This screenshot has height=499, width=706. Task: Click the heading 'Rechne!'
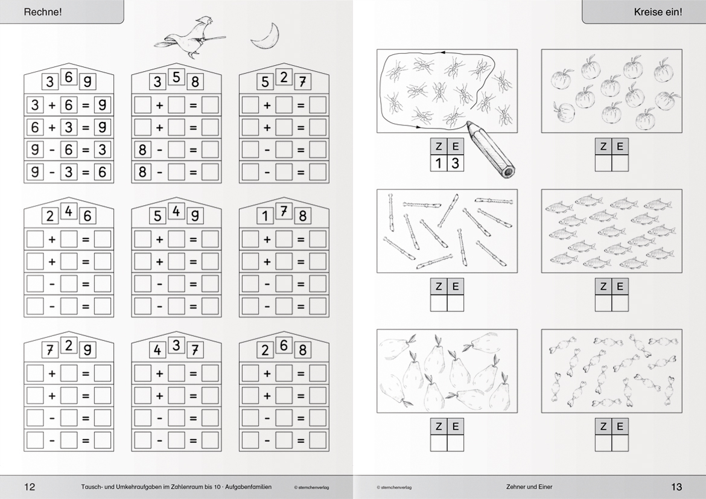(43, 12)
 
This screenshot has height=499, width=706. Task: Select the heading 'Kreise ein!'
(658, 12)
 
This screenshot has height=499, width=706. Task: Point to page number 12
(30, 486)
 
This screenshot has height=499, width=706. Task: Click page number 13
(676, 486)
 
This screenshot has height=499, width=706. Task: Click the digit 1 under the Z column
(439, 162)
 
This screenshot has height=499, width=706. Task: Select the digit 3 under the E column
(455, 162)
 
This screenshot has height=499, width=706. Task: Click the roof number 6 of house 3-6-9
(68, 77)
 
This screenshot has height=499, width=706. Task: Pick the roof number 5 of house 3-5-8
(176, 77)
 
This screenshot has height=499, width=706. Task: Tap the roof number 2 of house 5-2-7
(284, 77)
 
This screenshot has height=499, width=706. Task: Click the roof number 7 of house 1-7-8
(284, 211)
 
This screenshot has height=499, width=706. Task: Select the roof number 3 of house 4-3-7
(176, 345)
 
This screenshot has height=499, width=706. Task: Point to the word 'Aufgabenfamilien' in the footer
(249, 487)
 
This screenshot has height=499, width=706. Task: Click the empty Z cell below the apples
(603, 162)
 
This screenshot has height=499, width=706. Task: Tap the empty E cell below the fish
(620, 303)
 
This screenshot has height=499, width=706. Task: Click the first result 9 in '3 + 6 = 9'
(102, 105)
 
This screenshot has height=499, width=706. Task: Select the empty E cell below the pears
(455, 443)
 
